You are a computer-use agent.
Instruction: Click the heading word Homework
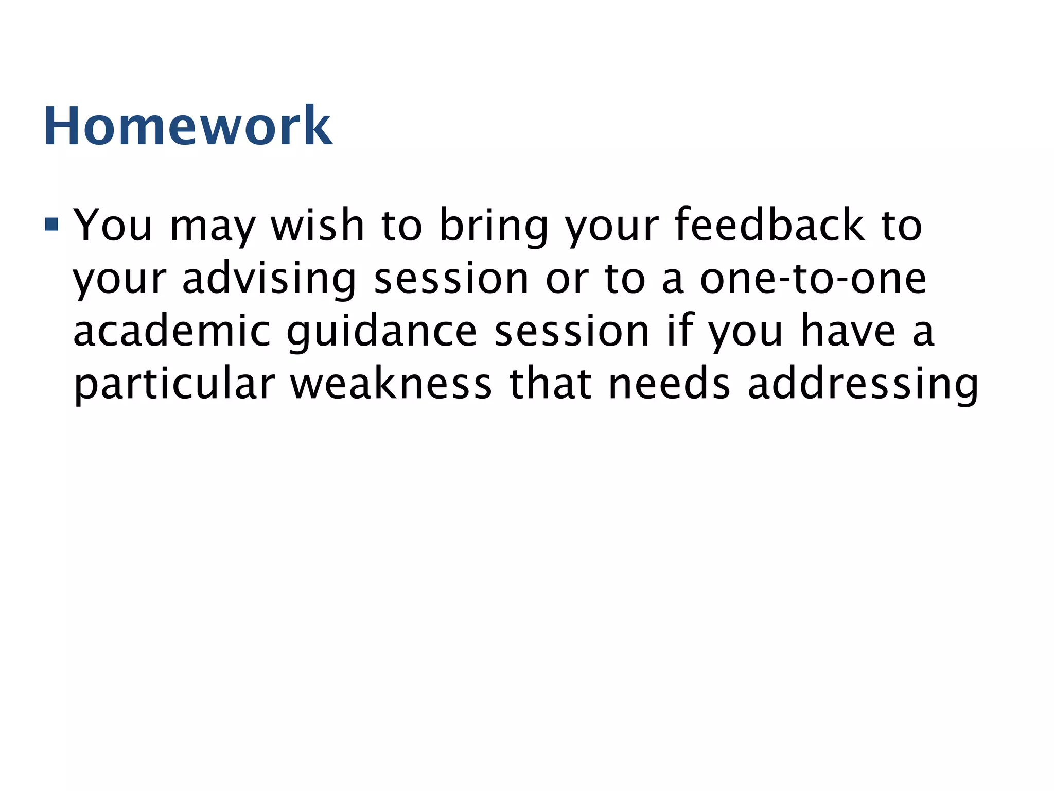pyautogui.click(x=188, y=126)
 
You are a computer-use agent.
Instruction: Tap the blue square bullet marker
pyautogui.click(x=51, y=224)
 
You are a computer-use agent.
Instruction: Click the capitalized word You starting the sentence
pyautogui.click(x=113, y=225)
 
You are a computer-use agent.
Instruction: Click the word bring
pyautogui.click(x=494, y=227)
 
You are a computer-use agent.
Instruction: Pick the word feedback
pyautogui.click(x=769, y=225)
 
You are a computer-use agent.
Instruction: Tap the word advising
pyautogui.click(x=269, y=280)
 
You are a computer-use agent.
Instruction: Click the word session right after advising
pyautogui.click(x=451, y=279)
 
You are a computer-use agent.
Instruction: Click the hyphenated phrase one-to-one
pyautogui.click(x=813, y=279)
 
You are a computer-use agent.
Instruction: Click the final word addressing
pyautogui.click(x=863, y=386)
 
